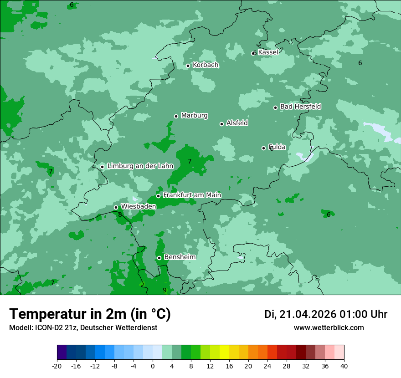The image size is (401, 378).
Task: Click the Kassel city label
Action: click(268, 52)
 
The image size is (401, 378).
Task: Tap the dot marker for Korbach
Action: click(188, 66)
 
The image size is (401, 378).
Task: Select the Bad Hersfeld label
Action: click(300, 107)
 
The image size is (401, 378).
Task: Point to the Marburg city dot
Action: click(176, 116)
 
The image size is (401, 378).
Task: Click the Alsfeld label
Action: click(237, 123)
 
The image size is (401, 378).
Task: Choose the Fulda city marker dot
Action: click(263, 148)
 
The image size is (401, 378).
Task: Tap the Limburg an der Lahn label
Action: click(140, 166)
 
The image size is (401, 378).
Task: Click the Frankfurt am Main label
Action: click(192, 195)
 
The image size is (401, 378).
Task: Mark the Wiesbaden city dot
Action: click(116, 207)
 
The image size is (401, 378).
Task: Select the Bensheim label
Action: click(180, 257)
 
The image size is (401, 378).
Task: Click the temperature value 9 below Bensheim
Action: click(165, 290)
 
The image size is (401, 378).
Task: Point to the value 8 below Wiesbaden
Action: click(120, 215)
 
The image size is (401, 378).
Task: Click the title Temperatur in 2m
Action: click(90, 314)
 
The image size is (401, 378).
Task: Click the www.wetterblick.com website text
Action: click(329, 328)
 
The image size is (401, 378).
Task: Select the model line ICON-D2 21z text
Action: click(83, 328)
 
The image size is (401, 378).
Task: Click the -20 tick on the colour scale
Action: click(57, 366)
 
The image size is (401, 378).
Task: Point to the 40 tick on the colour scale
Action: click(344, 366)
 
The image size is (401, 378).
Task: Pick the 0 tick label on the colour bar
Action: click(153, 366)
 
